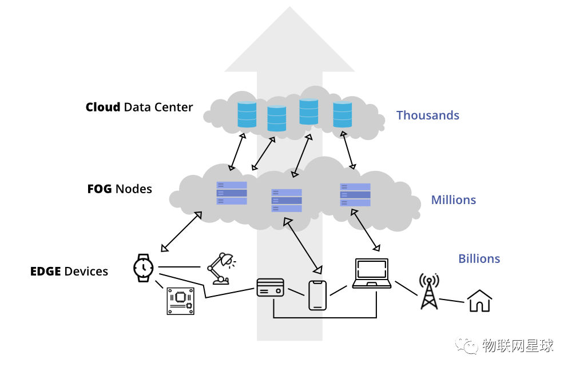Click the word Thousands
coord(427,115)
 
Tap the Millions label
coord(453,200)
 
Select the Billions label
coord(479,259)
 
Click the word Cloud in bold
coord(103,107)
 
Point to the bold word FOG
coord(100,189)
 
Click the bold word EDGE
coord(46,271)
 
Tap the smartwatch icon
coord(143,267)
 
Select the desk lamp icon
coord(220,268)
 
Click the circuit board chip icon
coord(180,300)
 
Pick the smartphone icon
coord(317,295)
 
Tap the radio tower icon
coord(429,290)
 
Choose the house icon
coord(479,301)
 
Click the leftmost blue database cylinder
coord(247,114)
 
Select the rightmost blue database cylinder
coord(343,114)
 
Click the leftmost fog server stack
coord(232,193)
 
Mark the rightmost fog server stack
coord(355,195)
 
